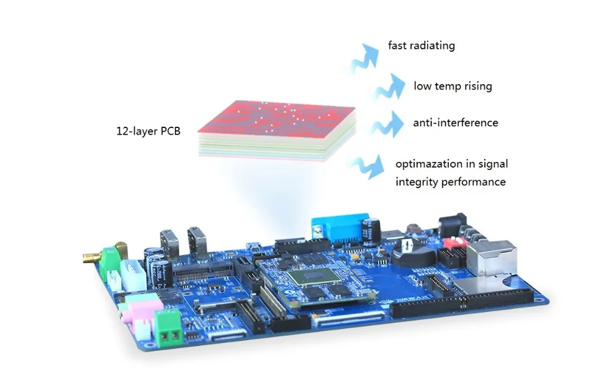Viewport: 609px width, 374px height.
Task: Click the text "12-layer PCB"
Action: [x=148, y=130]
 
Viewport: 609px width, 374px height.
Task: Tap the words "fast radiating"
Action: [x=421, y=46]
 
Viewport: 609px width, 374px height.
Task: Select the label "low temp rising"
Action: [x=452, y=86]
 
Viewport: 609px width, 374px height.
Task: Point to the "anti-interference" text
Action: [x=456, y=123]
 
